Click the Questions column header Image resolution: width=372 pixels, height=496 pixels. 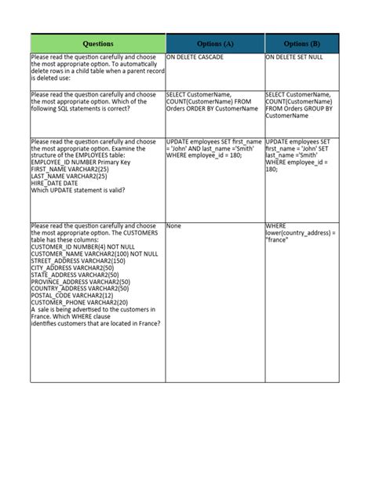(97, 44)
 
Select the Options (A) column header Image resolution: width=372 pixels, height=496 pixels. (214, 44)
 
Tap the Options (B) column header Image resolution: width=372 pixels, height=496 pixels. (301, 44)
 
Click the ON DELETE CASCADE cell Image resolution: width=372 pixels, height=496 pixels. (195, 57)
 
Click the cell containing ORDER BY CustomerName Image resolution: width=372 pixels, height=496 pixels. (209, 101)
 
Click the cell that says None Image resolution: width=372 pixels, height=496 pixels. (173, 226)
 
